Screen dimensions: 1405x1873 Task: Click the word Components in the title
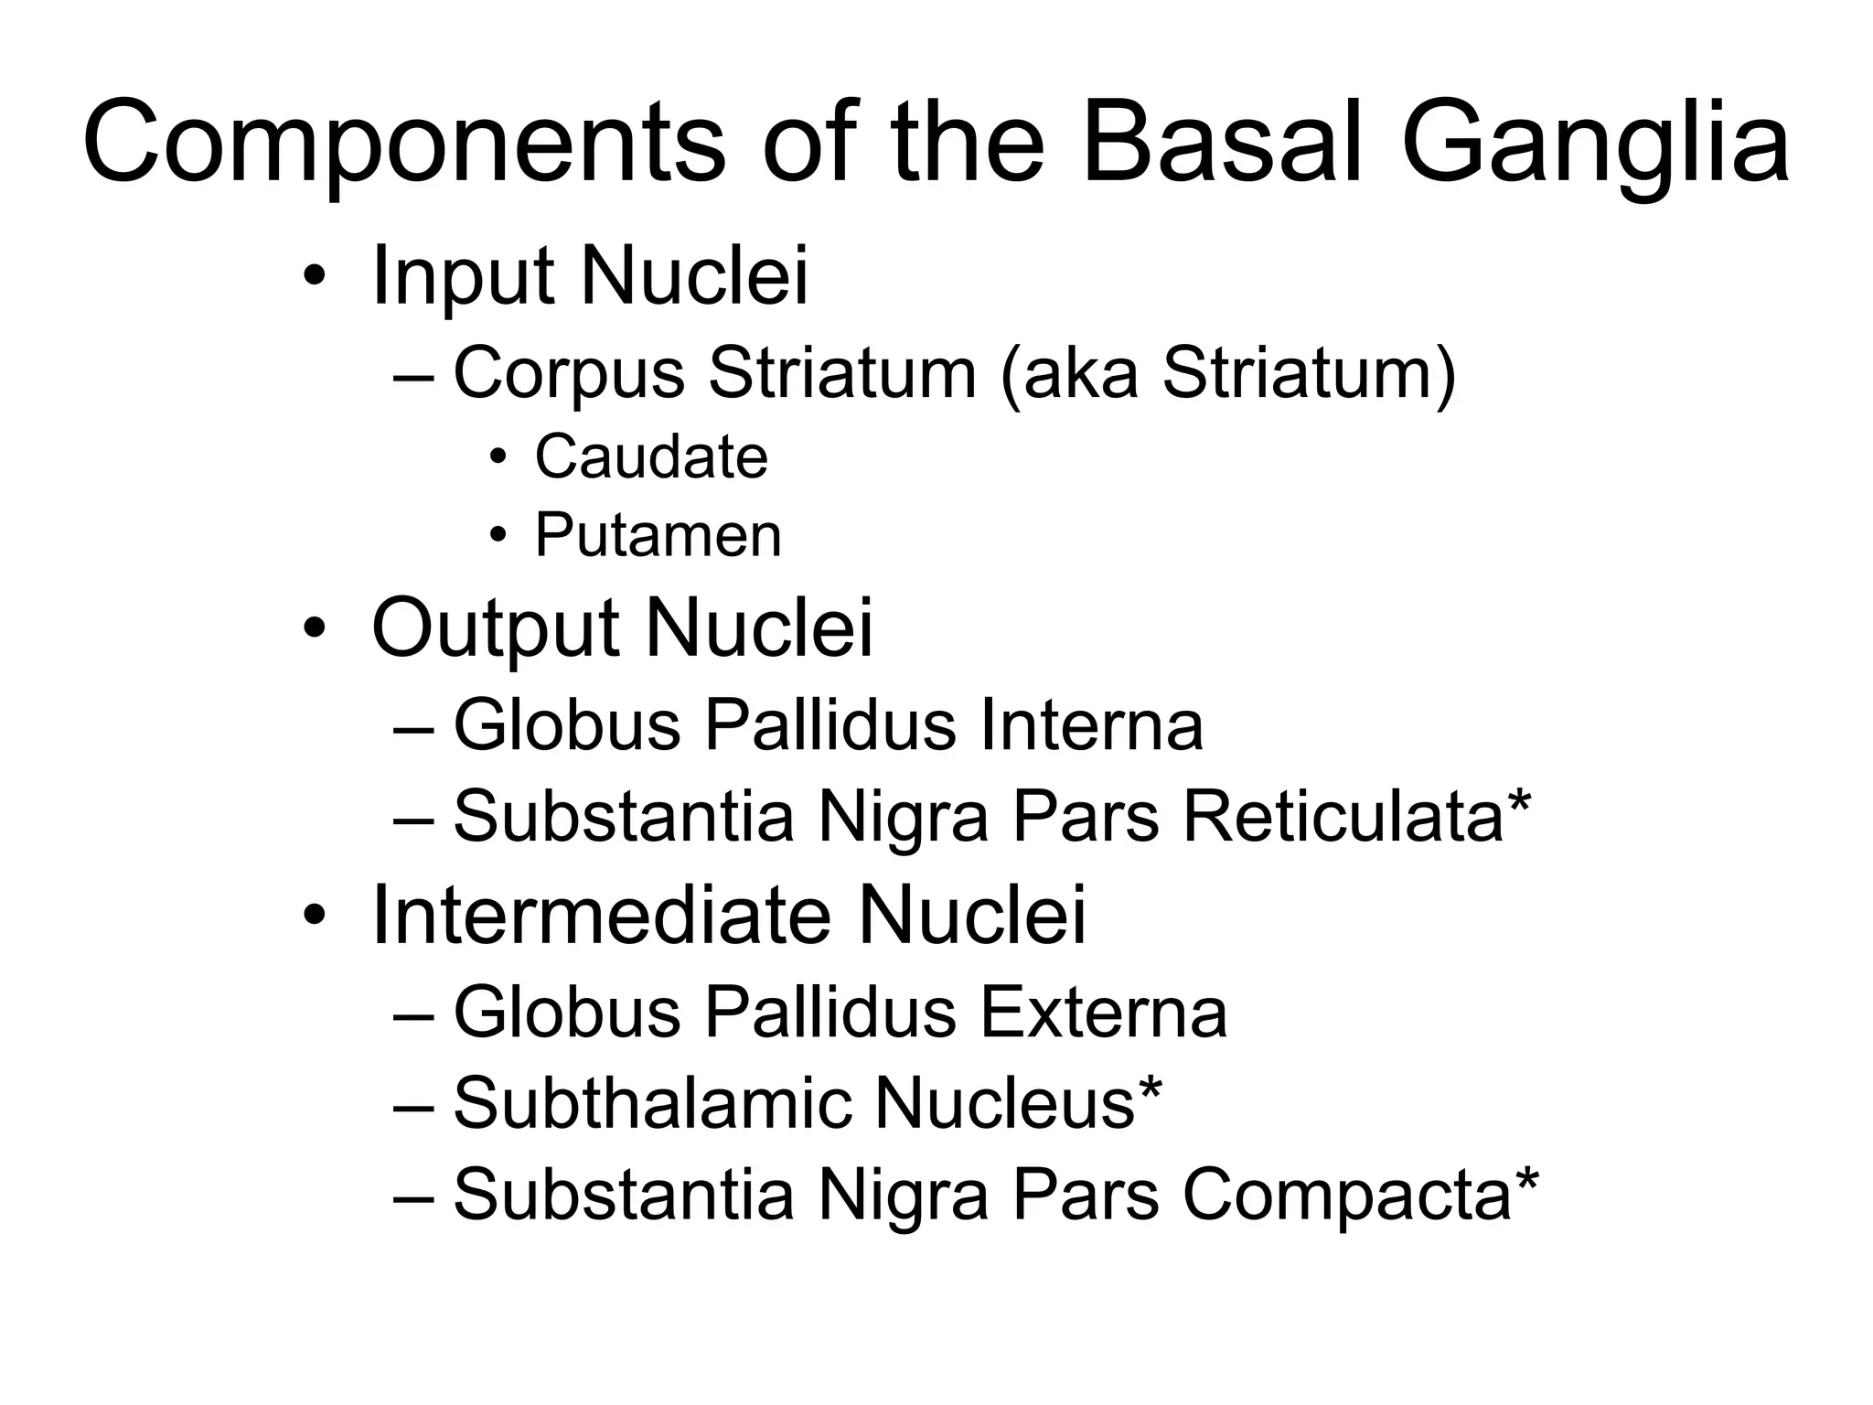(x=402, y=146)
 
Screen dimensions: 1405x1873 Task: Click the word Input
(x=463, y=276)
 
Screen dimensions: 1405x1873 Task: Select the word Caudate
(x=651, y=456)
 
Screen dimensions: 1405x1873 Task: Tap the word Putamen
(x=658, y=535)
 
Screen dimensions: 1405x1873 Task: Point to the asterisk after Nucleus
(x=1150, y=1088)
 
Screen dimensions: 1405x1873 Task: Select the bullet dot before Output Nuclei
(x=314, y=630)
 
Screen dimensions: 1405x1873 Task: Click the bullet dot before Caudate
(x=498, y=457)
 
